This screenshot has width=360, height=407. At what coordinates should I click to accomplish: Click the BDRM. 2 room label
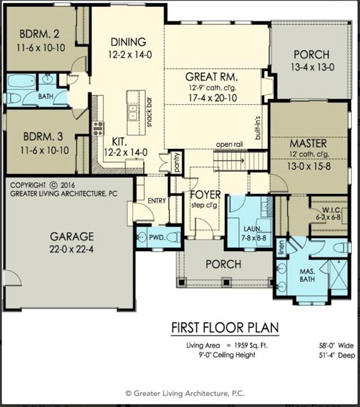[39, 34]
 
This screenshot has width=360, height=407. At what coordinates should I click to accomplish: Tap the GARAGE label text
[72, 236]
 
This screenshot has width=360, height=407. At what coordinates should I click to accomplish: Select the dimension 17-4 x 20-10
[212, 98]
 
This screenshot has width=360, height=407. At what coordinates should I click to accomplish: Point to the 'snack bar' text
[149, 112]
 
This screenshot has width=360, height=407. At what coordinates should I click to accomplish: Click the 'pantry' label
[177, 162]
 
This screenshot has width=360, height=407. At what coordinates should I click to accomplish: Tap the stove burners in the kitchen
[98, 128]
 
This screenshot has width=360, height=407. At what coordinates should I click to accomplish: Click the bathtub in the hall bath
[21, 82]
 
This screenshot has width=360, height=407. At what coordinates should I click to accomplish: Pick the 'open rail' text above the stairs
[230, 144]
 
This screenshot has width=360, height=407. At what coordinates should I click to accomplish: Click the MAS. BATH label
[308, 276]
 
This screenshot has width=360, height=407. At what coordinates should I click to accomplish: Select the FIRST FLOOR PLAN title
[225, 328]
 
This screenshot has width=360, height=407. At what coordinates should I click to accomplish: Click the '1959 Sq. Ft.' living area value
[251, 346]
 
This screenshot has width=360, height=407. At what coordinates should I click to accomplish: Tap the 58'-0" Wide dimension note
[336, 346]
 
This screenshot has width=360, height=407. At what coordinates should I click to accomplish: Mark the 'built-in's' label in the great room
[258, 127]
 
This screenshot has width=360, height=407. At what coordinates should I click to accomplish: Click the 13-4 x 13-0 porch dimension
[312, 67]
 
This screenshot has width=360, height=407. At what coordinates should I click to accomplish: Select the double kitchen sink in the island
[133, 112]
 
